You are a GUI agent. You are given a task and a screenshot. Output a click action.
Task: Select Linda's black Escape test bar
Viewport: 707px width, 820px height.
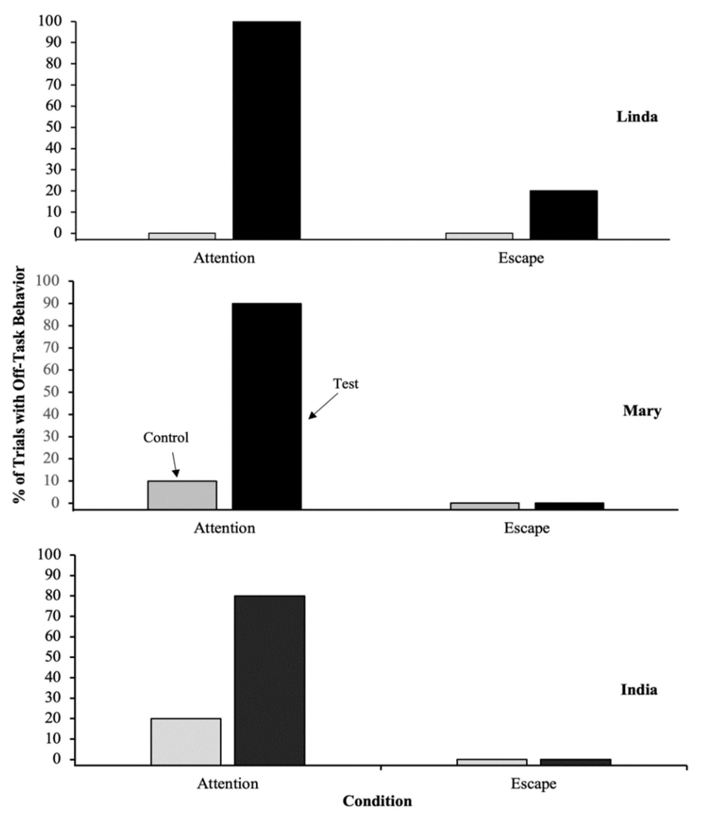click(564, 215)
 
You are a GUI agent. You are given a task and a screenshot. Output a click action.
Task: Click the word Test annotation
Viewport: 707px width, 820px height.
click(346, 384)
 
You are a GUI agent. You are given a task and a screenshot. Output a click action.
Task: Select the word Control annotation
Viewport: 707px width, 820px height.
click(166, 437)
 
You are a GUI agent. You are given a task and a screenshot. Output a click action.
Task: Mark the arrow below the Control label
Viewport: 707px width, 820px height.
click(175, 465)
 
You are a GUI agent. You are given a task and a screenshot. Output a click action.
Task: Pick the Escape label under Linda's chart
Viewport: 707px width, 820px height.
click(521, 258)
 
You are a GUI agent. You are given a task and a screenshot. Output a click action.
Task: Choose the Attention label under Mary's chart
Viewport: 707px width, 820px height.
click(224, 528)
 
